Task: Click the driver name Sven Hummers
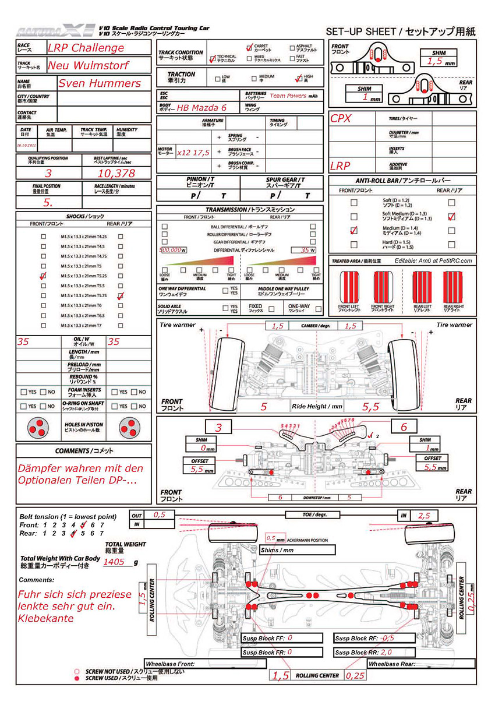pos(100,83)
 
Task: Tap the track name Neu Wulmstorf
pos(89,65)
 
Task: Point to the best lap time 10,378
pos(116,173)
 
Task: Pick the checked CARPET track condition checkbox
pos(249,47)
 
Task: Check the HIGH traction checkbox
pos(299,77)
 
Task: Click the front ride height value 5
pos(263,407)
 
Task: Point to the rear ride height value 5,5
pos(371,407)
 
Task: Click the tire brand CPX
pos(341,118)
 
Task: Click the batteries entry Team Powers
pos(288,96)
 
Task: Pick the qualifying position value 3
pos(48,173)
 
